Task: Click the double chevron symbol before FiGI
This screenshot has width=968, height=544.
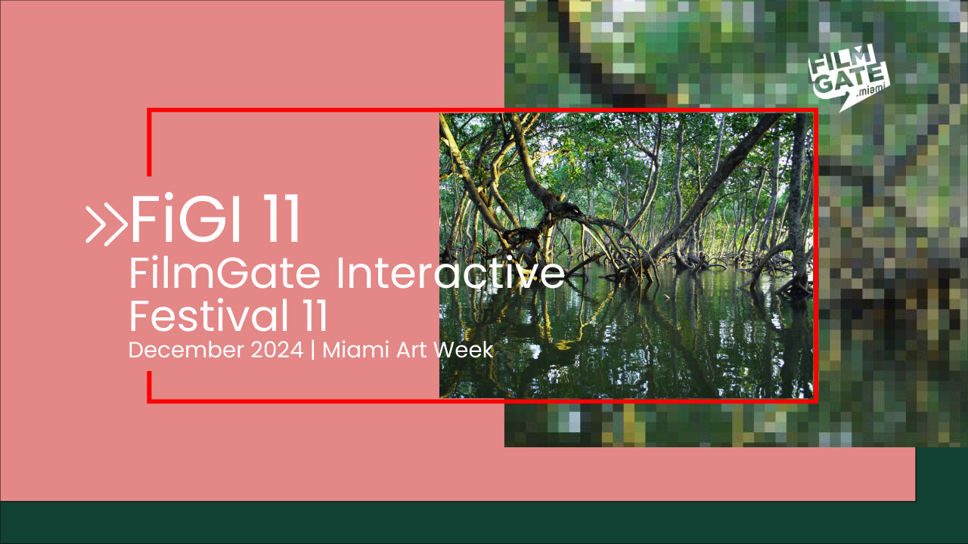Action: pyautogui.click(x=107, y=226)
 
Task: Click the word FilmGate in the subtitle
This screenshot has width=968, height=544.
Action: pyautogui.click(x=225, y=273)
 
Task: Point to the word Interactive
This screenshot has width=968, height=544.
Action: pyautogui.click(x=450, y=273)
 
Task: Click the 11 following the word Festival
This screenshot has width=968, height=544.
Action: pyautogui.click(x=313, y=316)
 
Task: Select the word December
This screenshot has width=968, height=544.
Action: pyautogui.click(x=186, y=350)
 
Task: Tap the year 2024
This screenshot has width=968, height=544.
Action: pyautogui.click(x=277, y=350)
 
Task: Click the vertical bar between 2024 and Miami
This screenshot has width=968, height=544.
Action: pyautogui.click(x=313, y=350)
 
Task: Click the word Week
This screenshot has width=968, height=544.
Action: pyautogui.click(x=464, y=350)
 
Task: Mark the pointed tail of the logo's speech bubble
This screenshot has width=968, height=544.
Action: pyautogui.click(x=840, y=111)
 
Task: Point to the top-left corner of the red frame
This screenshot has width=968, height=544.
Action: pyautogui.click(x=149, y=110)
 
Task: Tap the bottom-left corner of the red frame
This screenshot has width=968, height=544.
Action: pyautogui.click(x=149, y=401)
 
